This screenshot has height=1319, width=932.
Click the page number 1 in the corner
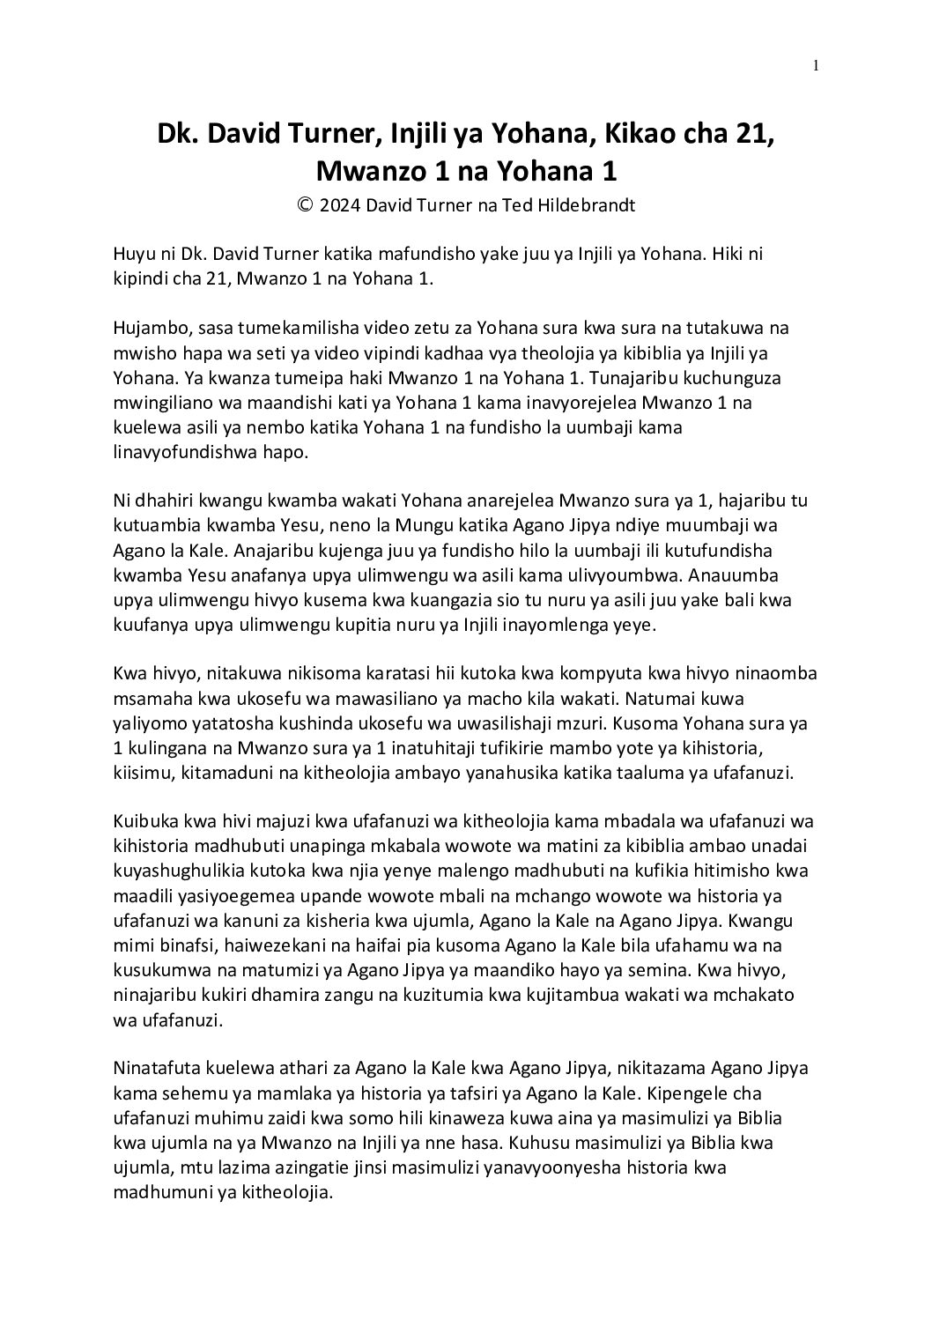coord(817,64)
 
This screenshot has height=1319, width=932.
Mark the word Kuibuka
coord(144,821)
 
